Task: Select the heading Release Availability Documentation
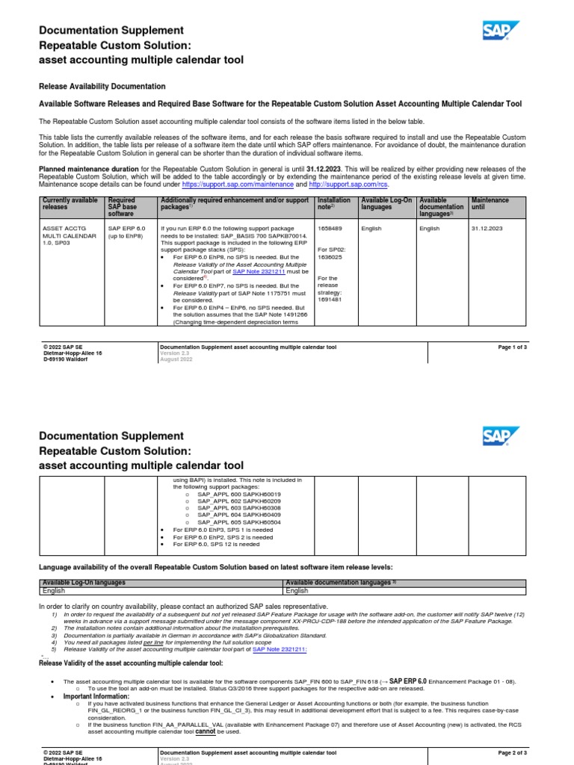[102, 87]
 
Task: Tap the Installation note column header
[333, 204]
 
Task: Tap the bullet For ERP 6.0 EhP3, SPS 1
[223, 530]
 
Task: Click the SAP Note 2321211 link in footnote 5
[280, 648]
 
